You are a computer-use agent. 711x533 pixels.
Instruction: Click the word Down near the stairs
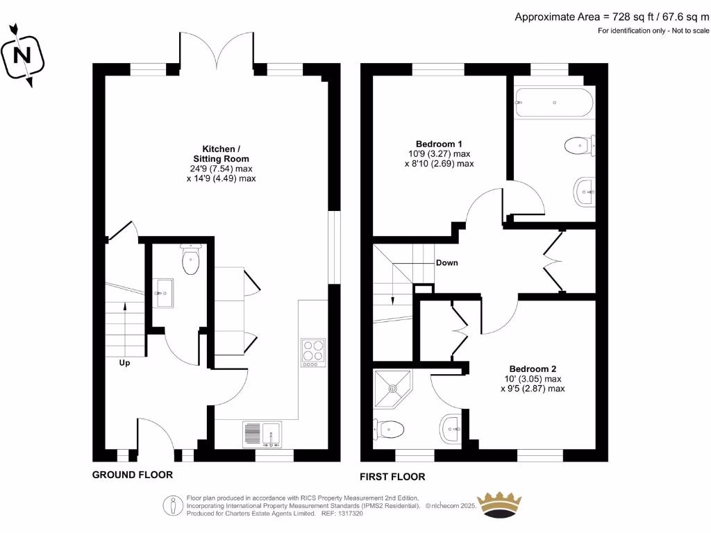click(x=446, y=263)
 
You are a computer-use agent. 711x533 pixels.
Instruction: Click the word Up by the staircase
click(x=124, y=362)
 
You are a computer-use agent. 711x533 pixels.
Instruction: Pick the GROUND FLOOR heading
click(x=132, y=475)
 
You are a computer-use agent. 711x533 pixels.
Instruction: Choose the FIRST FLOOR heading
click(x=392, y=477)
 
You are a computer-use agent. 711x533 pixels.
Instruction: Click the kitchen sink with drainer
click(x=261, y=434)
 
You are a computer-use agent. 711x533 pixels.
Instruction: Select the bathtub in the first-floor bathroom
click(x=553, y=103)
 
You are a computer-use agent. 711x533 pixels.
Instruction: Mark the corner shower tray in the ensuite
click(x=392, y=389)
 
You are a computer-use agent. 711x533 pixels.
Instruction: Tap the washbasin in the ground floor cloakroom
click(x=164, y=292)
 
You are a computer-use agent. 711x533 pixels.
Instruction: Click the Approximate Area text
click(x=612, y=17)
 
